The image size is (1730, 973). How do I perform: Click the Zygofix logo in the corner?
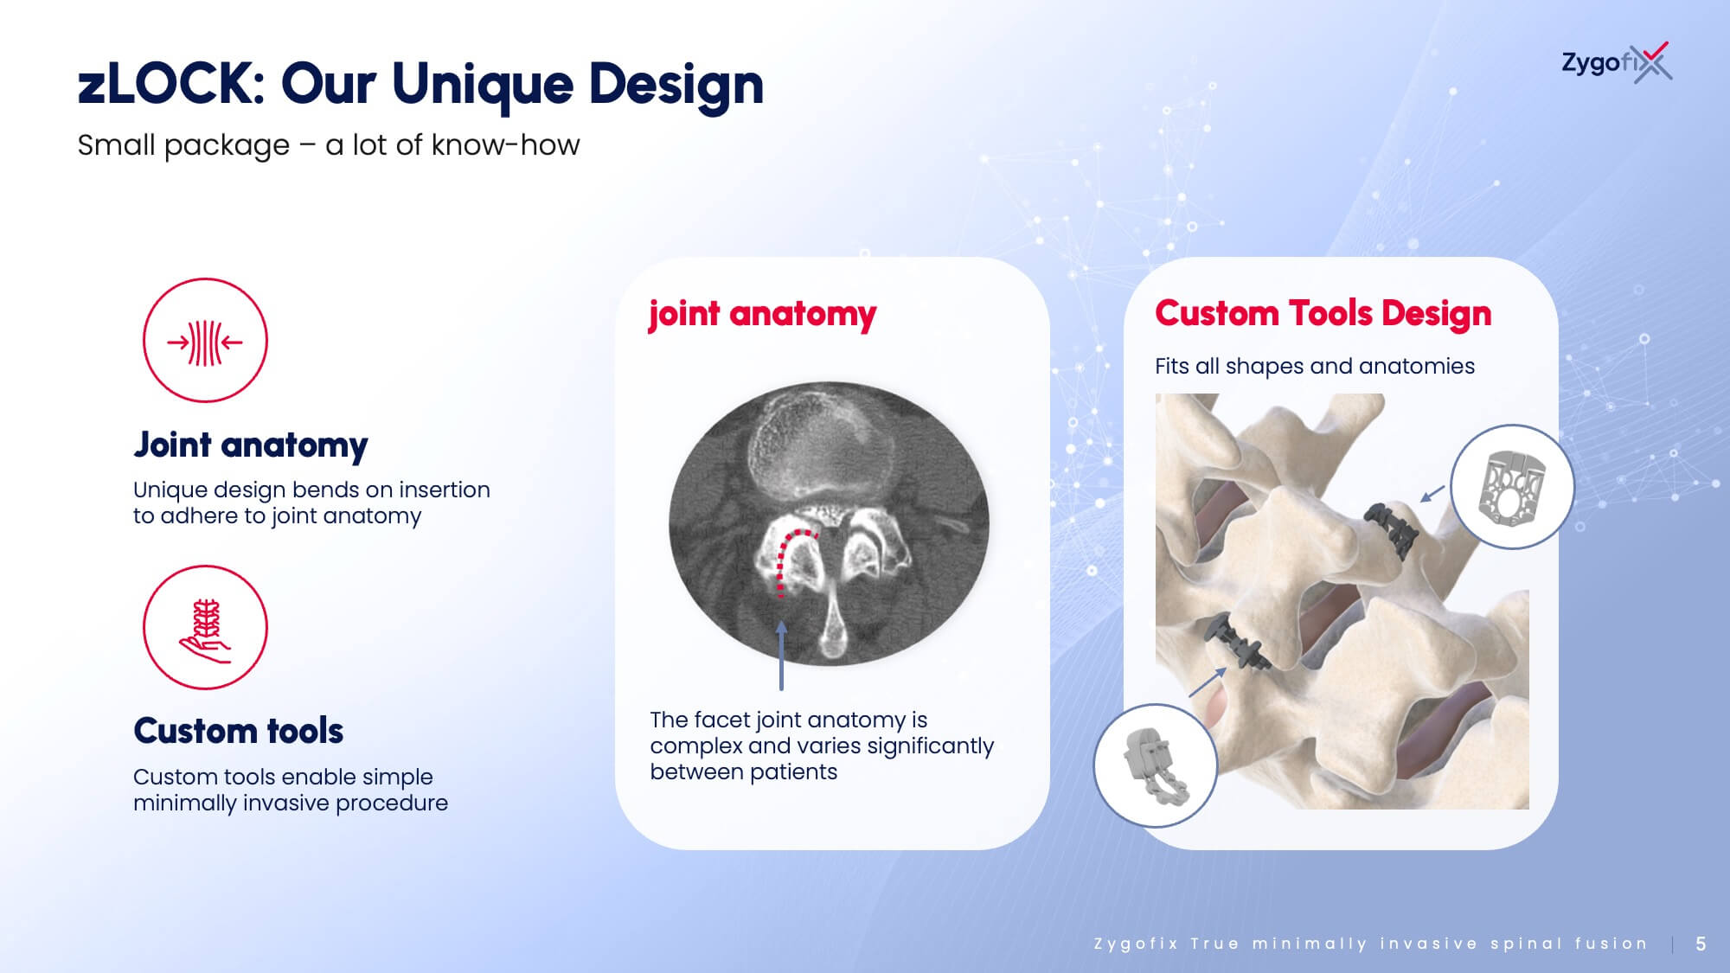coord(1616,62)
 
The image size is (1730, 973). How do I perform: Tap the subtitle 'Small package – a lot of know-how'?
coord(329,145)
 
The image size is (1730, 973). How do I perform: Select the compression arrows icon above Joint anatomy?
coord(205,340)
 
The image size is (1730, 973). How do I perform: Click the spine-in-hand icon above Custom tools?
coord(205,627)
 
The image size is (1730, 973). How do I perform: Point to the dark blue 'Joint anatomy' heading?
coord(251,445)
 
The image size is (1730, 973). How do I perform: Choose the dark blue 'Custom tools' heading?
coord(239,731)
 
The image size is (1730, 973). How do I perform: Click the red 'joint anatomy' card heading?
coord(762,314)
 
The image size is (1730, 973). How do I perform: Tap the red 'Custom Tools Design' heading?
coord(1323,313)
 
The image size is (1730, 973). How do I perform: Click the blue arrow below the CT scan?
coord(781,655)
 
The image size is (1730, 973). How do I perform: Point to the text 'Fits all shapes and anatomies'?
coord(1315,366)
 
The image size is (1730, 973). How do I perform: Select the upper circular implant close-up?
coord(1512,486)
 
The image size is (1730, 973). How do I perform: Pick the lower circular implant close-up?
coord(1156,765)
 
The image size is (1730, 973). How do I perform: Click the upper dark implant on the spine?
coord(1392,528)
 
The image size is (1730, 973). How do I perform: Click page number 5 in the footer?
coord(1701,944)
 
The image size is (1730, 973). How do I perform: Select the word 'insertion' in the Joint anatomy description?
coord(445,490)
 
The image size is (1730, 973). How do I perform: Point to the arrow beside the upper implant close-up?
coord(1432,494)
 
